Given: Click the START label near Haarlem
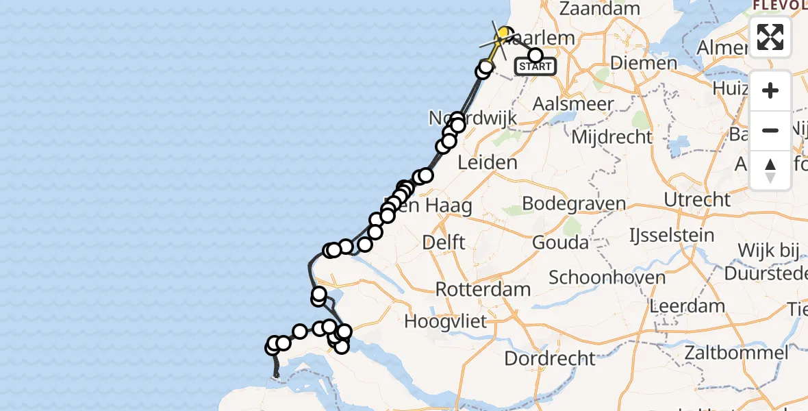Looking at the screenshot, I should [535, 67].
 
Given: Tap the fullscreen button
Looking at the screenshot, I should [770, 37].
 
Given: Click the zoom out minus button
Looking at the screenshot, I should [770, 130].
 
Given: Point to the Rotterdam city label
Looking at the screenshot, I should [483, 288].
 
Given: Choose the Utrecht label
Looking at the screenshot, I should [698, 200].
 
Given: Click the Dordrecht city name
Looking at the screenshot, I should [549, 358].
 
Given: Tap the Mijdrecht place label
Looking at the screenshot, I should [611, 136].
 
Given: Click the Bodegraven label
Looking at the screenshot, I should [574, 203].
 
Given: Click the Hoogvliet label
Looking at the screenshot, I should [445, 321].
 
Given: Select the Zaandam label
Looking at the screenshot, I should [600, 9].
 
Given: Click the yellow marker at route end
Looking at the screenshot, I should [505, 34].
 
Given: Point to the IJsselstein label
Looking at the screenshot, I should [672, 235].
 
